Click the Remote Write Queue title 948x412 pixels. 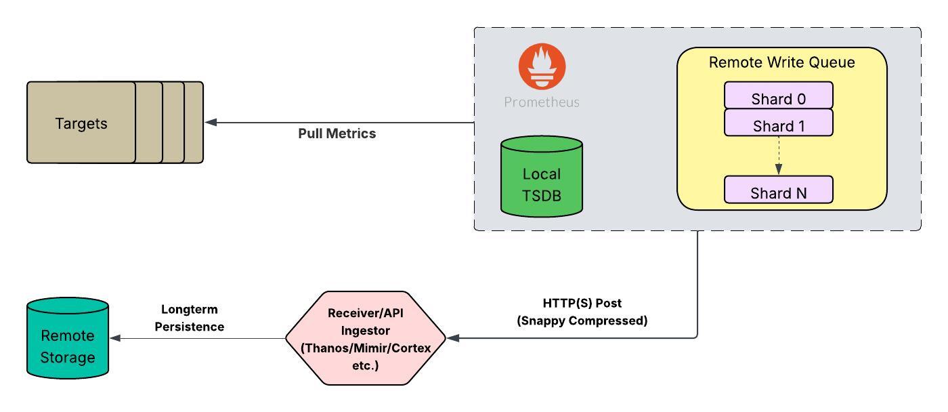[x=781, y=62]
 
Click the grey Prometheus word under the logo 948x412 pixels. [x=542, y=103]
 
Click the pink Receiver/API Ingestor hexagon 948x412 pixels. [x=365, y=337]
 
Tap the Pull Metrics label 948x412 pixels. [x=337, y=133]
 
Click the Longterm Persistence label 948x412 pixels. [x=189, y=318]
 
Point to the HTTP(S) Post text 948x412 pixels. [x=582, y=303]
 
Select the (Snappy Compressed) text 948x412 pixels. [x=582, y=321]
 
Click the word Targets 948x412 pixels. [x=81, y=123]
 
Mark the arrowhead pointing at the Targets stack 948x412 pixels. [x=210, y=123]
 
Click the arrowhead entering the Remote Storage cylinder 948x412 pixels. [x=114, y=337]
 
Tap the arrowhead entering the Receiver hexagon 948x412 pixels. [x=452, y=337]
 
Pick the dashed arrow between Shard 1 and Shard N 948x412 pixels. [x=778, y=156]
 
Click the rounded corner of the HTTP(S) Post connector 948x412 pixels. [x=695, y=335]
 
